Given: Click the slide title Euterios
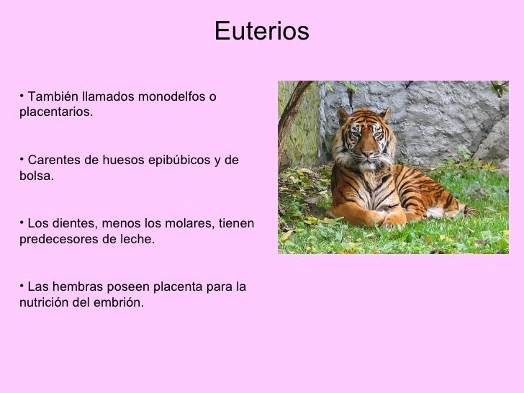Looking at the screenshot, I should click(x=261, y=31).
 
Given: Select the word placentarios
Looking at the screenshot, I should click(x=56, y=113).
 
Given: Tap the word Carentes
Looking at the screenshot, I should click(x=54, y=160).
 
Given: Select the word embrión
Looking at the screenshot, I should click(x=118, y=303).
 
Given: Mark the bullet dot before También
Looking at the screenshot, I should click(x=22, y=95).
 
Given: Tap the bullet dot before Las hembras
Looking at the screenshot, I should click(x=22, y=285).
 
